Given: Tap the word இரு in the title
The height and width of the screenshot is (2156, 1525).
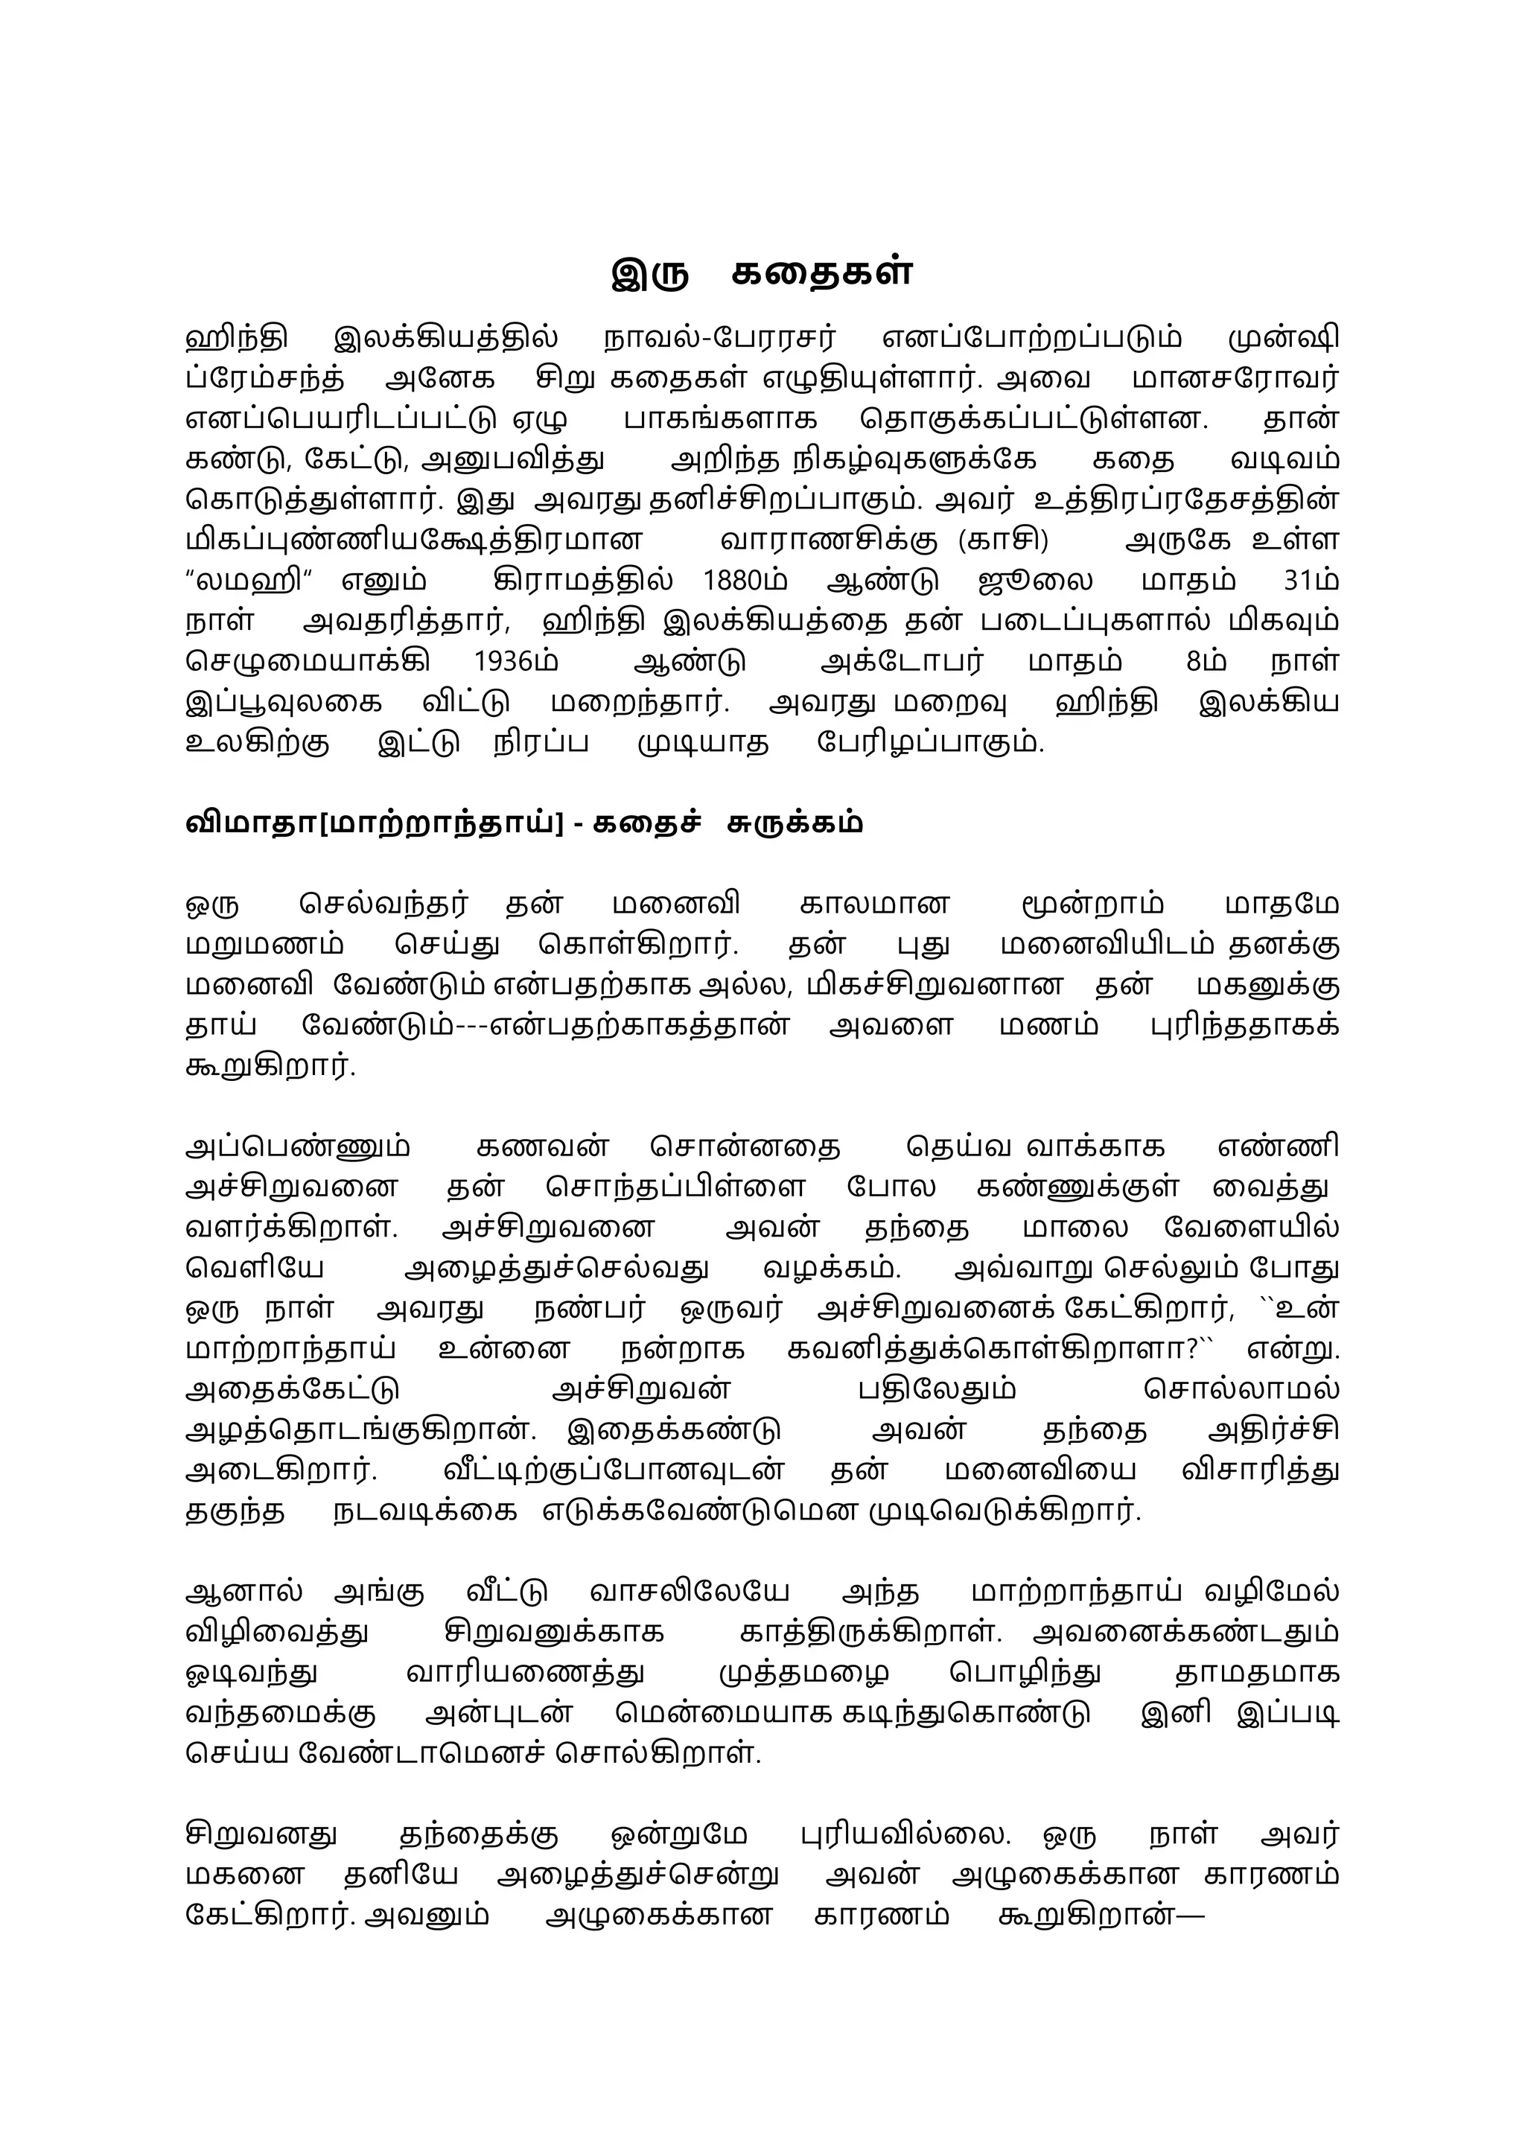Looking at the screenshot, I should (650, 272).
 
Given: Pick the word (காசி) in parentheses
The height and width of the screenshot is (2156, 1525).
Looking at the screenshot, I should (1003, 540).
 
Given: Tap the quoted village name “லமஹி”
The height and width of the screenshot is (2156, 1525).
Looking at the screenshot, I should (251, 580).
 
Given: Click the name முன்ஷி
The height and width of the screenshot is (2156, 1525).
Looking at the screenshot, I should (1283, 337).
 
